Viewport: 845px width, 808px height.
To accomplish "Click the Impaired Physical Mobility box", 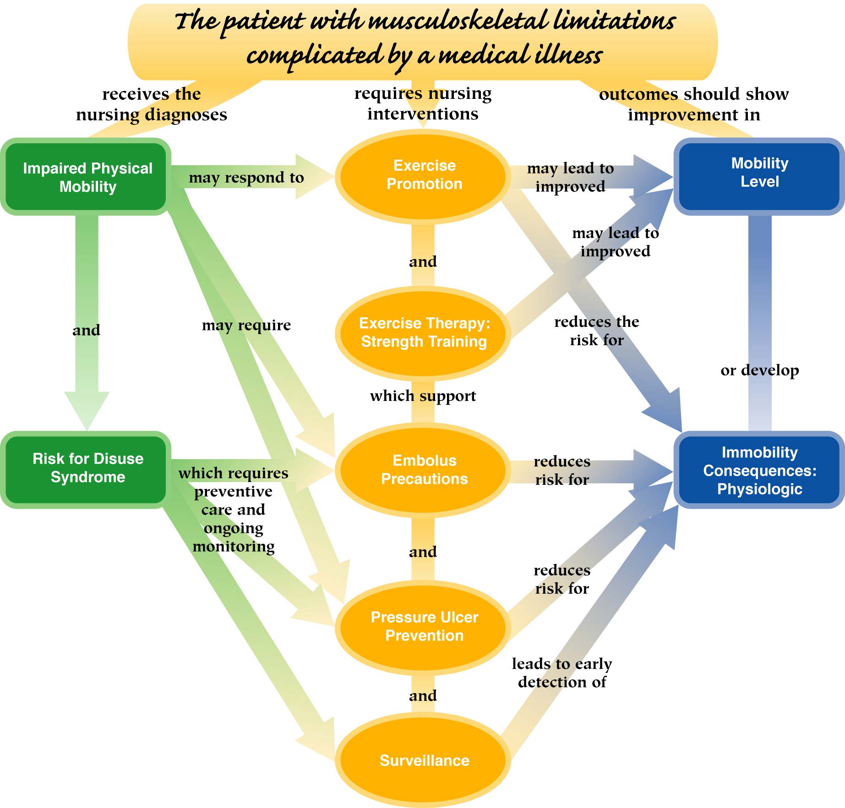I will tap(87, 177).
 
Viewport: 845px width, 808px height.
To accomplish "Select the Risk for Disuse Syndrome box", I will tap(87, 468).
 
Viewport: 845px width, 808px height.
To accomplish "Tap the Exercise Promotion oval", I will tap(424, 175).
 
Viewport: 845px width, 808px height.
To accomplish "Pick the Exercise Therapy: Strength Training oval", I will tap(424, 332).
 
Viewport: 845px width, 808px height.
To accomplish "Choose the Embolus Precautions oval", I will tap(424, 470).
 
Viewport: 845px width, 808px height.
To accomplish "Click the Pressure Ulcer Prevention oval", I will tap(424, 626).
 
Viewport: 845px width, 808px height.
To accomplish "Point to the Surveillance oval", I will tap(424, 760).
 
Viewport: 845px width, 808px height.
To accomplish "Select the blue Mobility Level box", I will tap(759, 173).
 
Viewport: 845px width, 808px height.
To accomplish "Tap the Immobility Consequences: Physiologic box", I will tap(759, 471).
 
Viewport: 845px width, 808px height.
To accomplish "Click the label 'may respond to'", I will tap(246, 178).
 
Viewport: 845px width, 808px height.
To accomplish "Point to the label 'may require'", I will tap(246, 325).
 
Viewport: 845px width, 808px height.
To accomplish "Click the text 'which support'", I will tap(423, 396).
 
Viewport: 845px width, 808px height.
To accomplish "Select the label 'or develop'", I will tap(759, 370).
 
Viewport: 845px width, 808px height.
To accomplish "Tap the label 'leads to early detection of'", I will tap(562, 672).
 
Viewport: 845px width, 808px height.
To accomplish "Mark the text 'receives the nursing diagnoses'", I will tap(152, 104).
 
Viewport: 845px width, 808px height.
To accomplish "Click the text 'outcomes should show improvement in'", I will tap(694, 104).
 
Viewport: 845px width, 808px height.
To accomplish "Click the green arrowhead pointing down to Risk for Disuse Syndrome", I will tap(87, 410).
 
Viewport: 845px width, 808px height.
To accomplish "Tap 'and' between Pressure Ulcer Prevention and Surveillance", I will tap(423, 695).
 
